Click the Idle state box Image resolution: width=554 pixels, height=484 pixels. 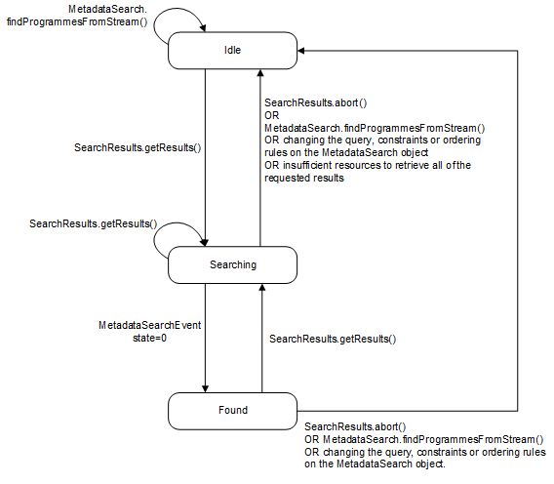(232, 50)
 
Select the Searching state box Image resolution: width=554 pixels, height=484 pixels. (232, 264)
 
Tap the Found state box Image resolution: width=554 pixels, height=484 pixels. (232, 410)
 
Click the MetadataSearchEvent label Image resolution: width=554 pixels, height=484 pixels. (149, 325)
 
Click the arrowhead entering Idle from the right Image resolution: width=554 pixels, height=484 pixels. (303, 50)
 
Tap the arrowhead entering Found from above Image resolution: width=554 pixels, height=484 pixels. (207, 386)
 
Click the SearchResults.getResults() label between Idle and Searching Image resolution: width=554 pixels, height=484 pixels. (137, 147)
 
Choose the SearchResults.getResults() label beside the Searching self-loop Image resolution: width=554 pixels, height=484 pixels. (93, 223)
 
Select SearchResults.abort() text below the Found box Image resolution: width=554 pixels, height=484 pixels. (355, 426)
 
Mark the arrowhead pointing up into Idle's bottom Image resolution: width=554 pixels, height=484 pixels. (259, 74)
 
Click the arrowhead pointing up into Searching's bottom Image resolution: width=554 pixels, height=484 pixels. (259, 289)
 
